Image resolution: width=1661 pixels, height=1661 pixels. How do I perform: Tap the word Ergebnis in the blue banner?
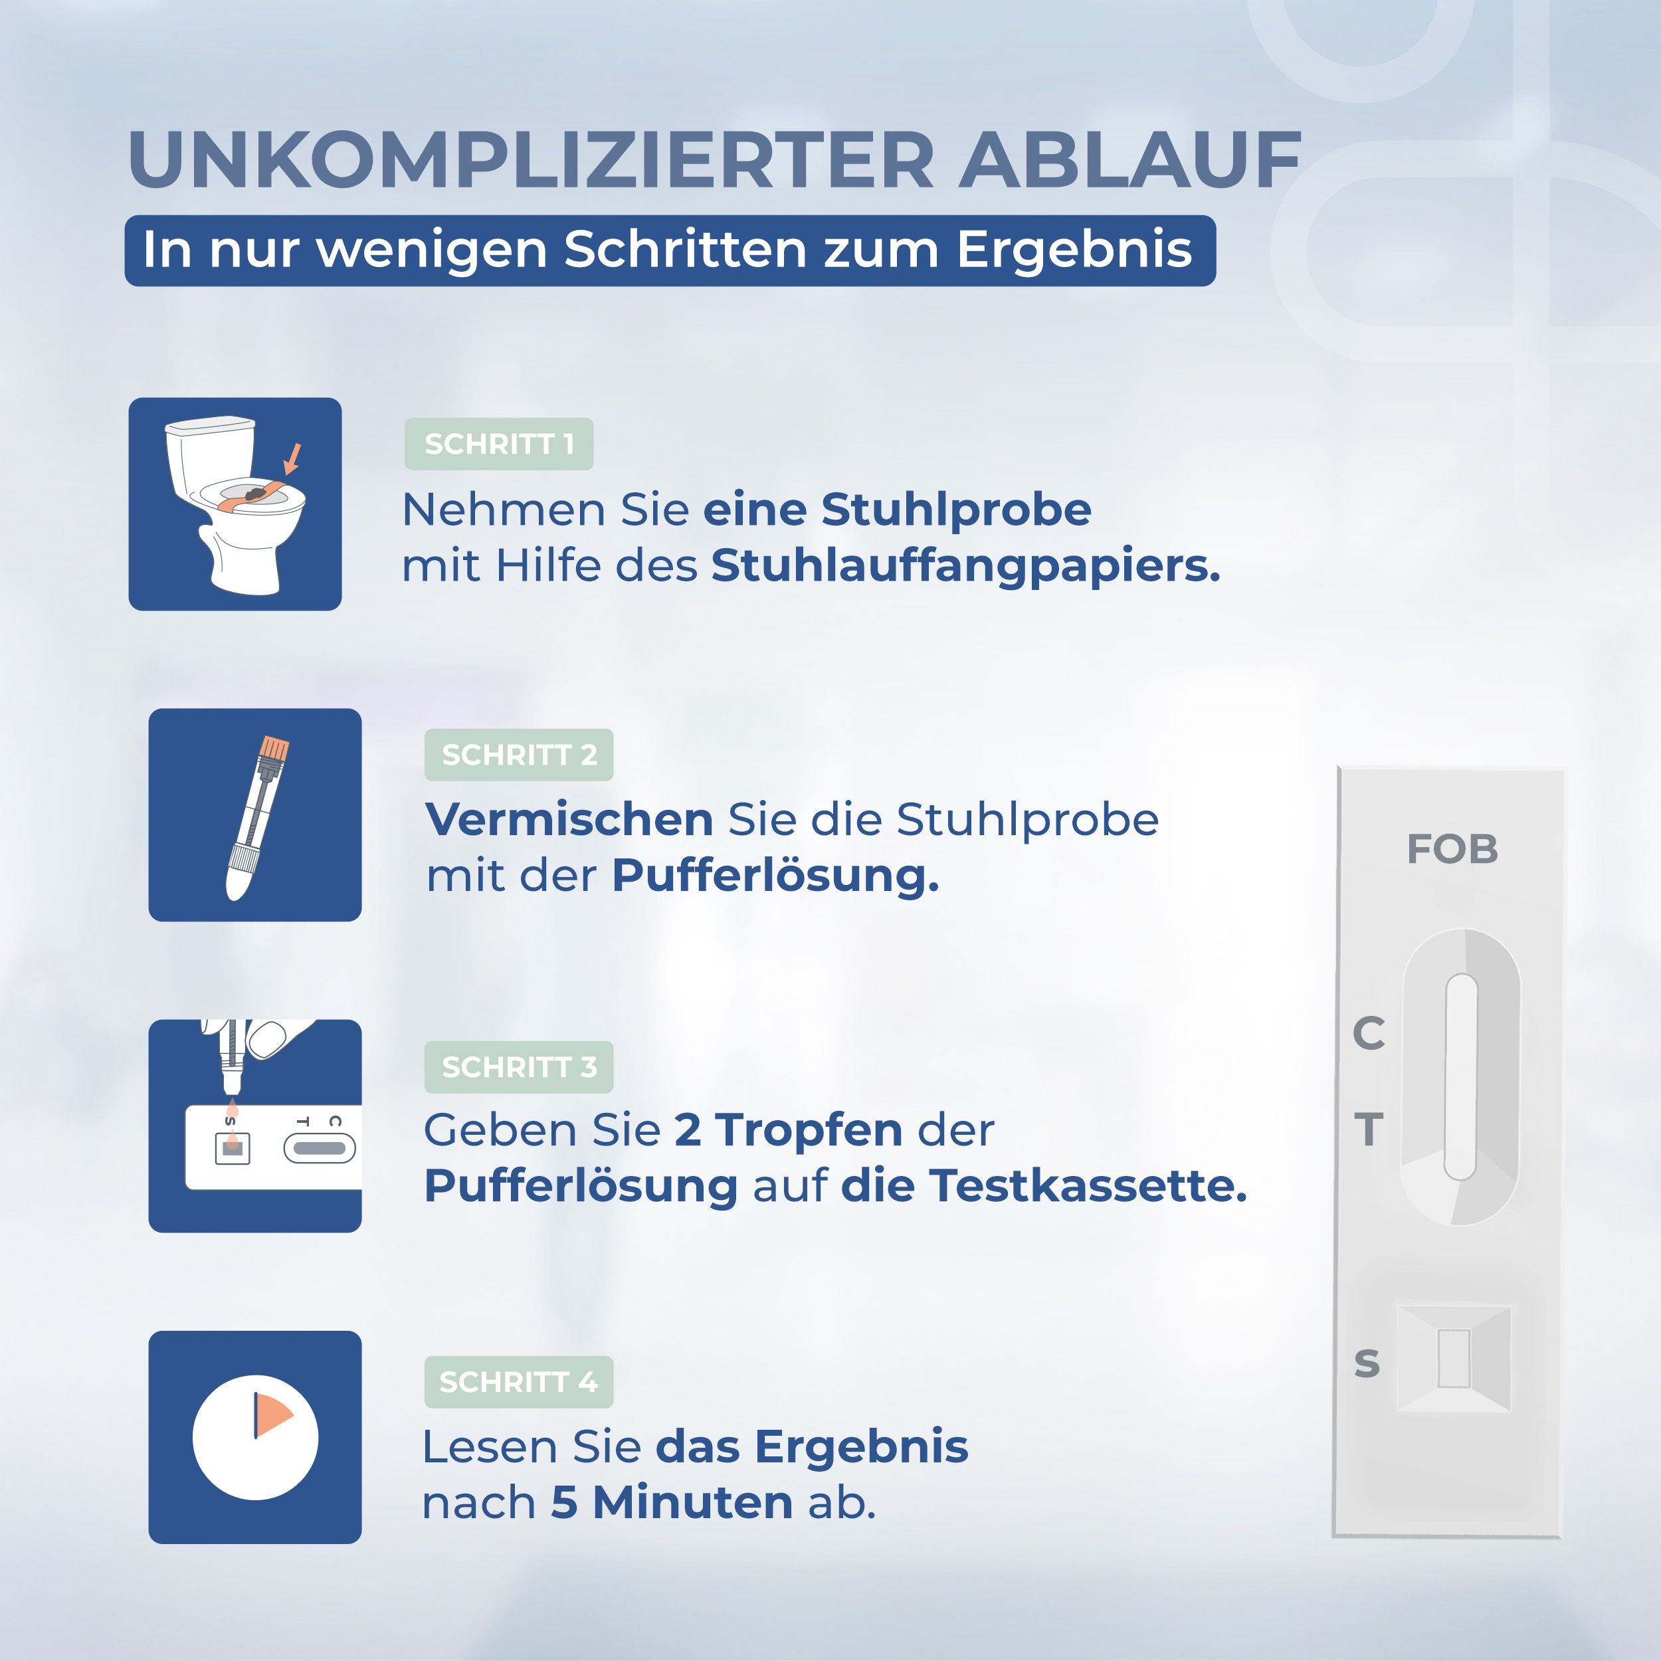[x=1074, y=250]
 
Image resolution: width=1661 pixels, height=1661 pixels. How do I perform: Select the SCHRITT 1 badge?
[x=499, y=444]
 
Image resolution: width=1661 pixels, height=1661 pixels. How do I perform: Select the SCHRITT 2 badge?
[x=518, y=755]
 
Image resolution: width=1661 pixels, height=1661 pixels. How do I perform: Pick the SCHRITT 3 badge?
[x=518, y=1067]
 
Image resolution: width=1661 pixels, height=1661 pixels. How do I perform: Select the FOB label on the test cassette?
[x=1452, y=849]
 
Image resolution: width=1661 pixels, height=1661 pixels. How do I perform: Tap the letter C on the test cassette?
[x=1369, y=1032]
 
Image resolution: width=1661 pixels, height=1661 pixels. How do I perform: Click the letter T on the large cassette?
[x=1369, y=1129]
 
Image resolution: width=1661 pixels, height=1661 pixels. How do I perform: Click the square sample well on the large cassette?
[x=1454, y=1359]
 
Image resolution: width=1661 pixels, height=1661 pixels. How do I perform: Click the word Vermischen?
[x=569, y=819]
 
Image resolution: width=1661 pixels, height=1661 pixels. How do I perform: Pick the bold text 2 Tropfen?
[x=787, y=1129]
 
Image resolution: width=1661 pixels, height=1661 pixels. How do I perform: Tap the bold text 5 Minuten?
[x=672, y=1503]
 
